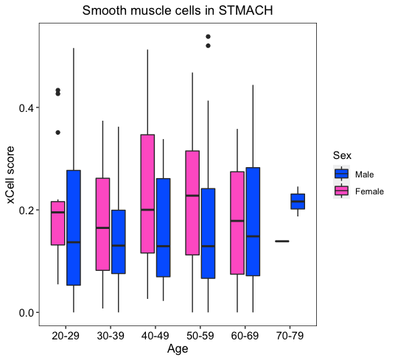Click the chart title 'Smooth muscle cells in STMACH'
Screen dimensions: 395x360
(178, 11)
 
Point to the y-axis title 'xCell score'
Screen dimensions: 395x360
(10, 175)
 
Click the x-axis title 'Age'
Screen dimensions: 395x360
(178, 349)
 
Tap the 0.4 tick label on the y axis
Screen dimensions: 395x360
(26, 108)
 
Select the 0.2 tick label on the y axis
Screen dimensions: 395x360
(26, 210)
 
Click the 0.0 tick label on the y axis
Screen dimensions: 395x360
(26, 313)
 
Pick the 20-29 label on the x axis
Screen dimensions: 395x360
(66, 336)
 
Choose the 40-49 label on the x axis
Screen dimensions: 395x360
(155, 336)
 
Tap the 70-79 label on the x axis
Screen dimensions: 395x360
(290, 336)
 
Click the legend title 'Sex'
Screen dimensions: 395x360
(342, 155)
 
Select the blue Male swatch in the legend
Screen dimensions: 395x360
(341, 174)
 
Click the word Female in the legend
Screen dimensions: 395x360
(369, 191)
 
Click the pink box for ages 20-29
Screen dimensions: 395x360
(58, 223)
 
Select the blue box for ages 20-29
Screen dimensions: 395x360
(74, 227)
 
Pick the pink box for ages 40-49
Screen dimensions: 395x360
(147, 194)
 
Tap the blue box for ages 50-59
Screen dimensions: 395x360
(208, 233)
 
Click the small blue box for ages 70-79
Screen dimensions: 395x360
(298, 201)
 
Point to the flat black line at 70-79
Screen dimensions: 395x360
(282, 241)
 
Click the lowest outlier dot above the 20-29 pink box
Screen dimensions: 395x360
(58, 133)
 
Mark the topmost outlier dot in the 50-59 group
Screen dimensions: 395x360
(208, 37)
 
